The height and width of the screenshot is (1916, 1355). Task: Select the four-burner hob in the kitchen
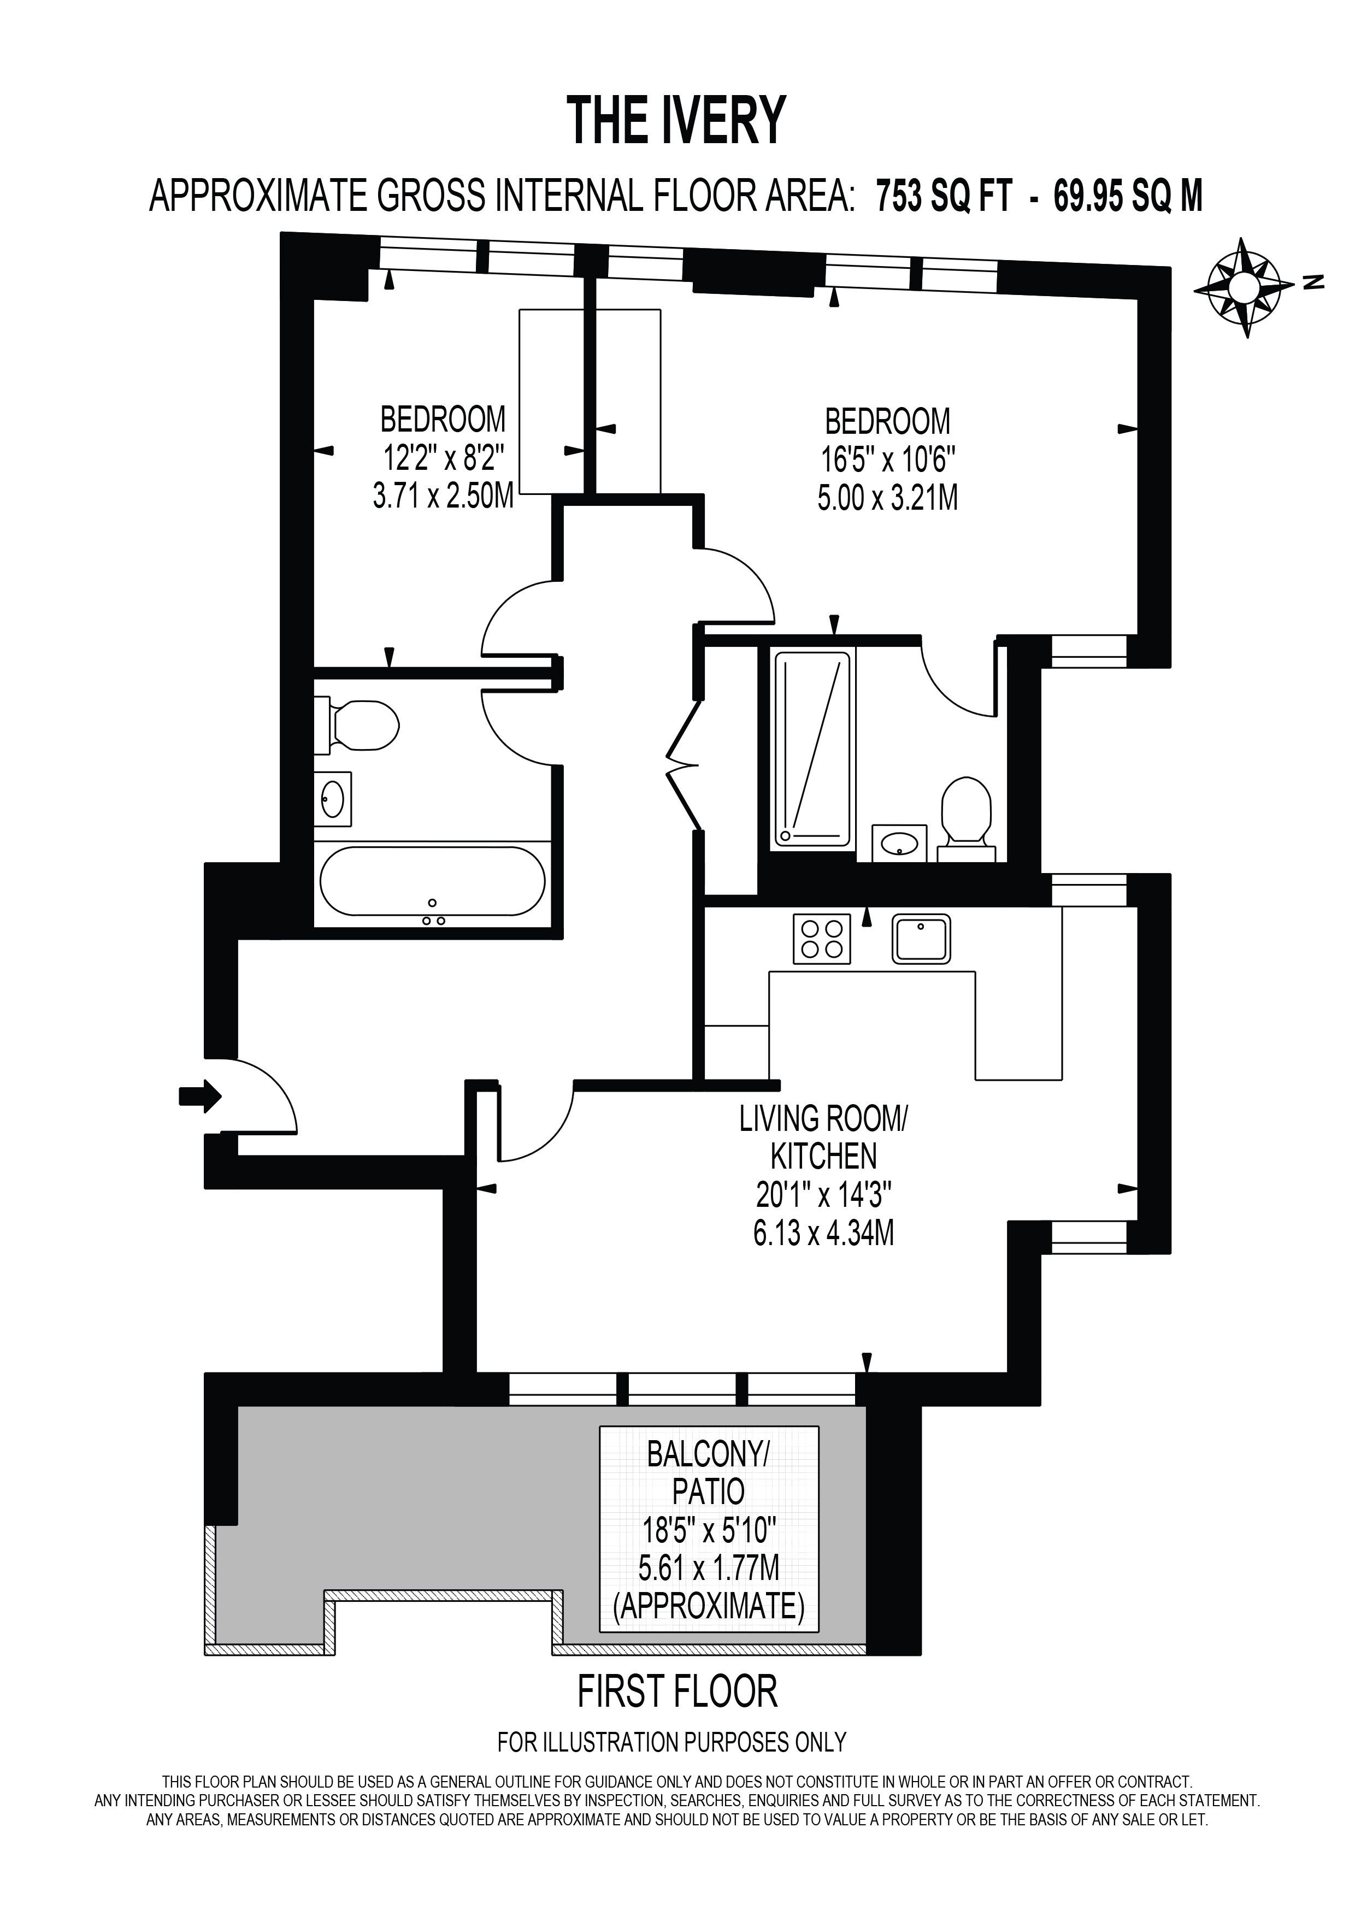click(x=822, y=939)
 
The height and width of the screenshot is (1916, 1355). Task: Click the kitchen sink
click(x=922, y=939)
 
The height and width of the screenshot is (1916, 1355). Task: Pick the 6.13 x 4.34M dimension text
click(x=823, y=1231)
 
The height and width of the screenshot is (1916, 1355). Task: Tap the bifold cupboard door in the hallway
click(x=684, y=764)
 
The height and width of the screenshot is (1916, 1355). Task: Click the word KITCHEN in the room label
click(x=823, y=1157)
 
